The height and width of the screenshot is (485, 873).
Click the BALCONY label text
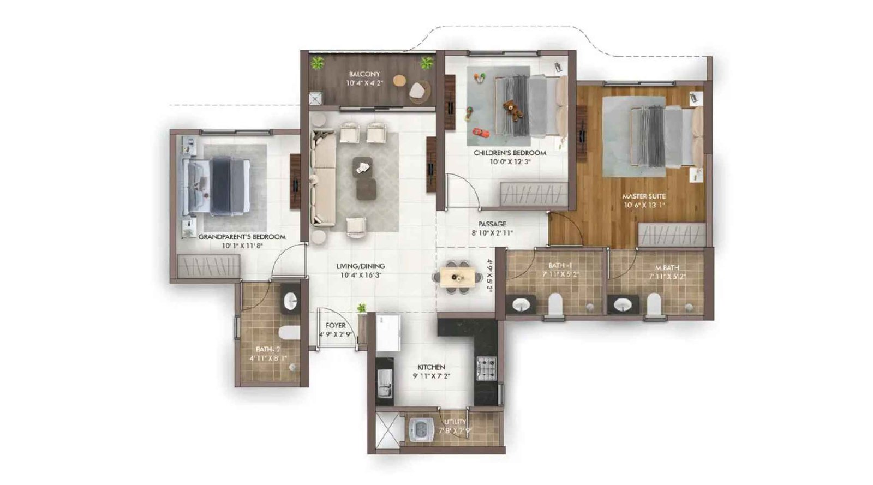(364, 74)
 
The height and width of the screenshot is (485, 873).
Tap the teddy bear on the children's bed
(512, 110)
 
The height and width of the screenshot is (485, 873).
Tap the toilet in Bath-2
(288, 333)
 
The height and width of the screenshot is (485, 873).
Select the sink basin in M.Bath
(623, 304)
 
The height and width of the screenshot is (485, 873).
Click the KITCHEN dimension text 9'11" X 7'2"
(431, 376)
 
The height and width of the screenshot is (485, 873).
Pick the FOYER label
(335, 325)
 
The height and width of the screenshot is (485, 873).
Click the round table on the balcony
(400, 80)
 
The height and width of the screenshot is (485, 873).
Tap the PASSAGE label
(492, 224)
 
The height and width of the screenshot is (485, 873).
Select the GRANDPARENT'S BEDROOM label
(242, 237)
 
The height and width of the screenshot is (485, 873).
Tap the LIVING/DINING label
(360, 266)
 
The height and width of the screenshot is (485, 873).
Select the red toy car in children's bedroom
(479, 131)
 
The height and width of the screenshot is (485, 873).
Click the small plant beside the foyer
(361, 309)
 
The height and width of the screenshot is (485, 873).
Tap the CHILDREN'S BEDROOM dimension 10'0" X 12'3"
(510, 161)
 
